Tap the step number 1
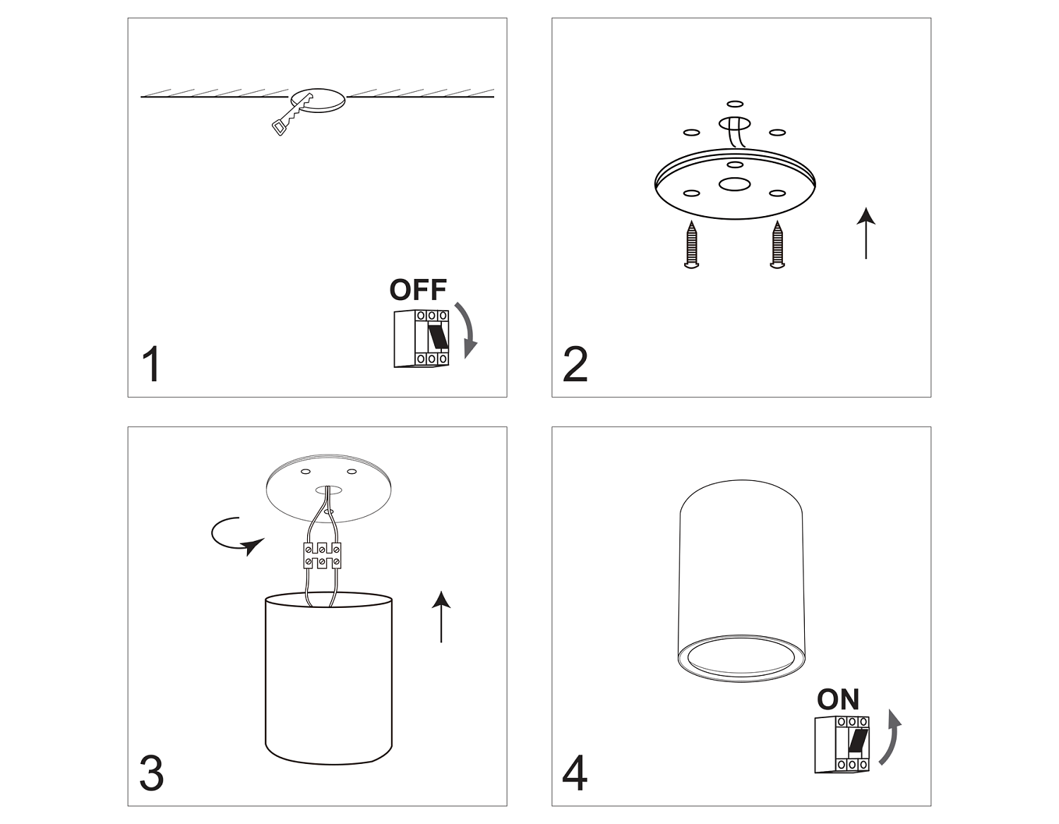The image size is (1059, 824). pyautogui.click(x=152, y=364)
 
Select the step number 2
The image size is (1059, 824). pyautogui.click(x=575, y=364)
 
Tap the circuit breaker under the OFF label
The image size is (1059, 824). pyautogui.click(x=421, y=338)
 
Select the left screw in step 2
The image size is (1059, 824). pyautogui.click(x=692, y=244)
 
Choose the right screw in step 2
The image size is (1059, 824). pyautogui.click(x=777, y=244)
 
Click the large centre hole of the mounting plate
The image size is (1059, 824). pyautogui.click(x=734, y=185)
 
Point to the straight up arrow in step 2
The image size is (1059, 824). pyautogui.click(x=866, y=233)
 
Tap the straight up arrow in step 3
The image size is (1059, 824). pyautogui.click(x=441, y=616)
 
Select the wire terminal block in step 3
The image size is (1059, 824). pyautogui.click(x=322, y=556)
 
